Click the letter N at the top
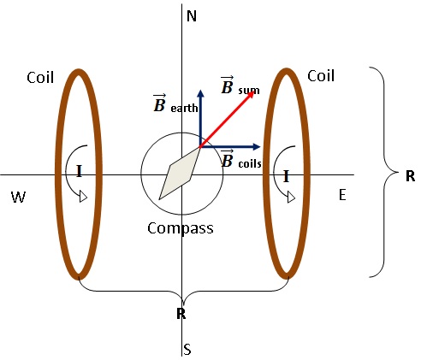click(x=192, y=16)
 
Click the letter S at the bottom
click(x=187, y=350)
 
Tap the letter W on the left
click(x=18, y=198)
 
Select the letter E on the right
click(x=342, y=195)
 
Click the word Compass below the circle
click(x=180, y=228)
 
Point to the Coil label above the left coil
click(x=39, y=78)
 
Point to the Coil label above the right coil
click(x=321, y=75)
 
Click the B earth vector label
click(x=175, y=106)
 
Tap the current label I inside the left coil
click(x=79, y=172)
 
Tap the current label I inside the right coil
click(x=286, y=176)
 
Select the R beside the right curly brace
click(x=410, y=175)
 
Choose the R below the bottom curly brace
click(x=181, y=314)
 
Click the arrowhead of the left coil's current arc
click(x=83, y=198)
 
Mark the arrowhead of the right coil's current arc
click(x=291, y=198)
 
